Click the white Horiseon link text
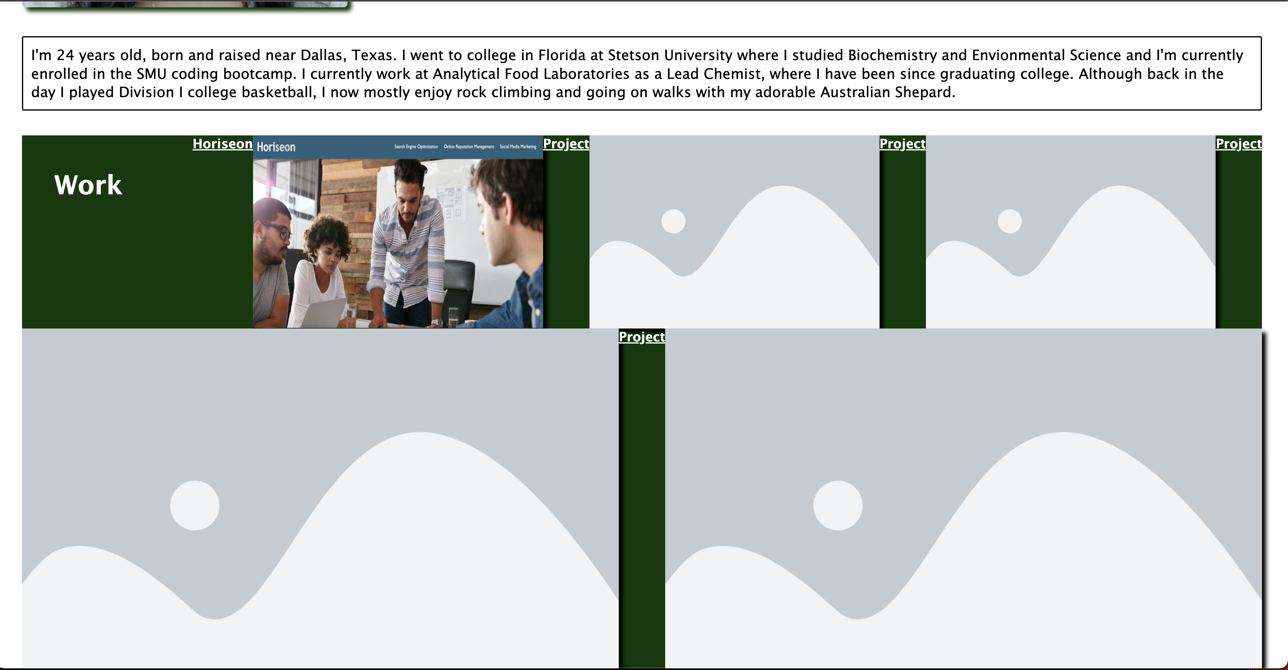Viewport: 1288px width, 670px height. point(223,144)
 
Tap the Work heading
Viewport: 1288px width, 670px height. point(88,185)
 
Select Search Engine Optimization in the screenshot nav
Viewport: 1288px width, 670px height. point(416,147)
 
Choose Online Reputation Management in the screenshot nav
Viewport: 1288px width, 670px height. point(469,147)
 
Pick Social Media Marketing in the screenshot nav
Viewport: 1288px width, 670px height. point(517,147)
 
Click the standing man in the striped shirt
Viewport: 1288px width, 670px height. point(408,240)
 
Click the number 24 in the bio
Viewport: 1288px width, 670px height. point(65,55)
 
